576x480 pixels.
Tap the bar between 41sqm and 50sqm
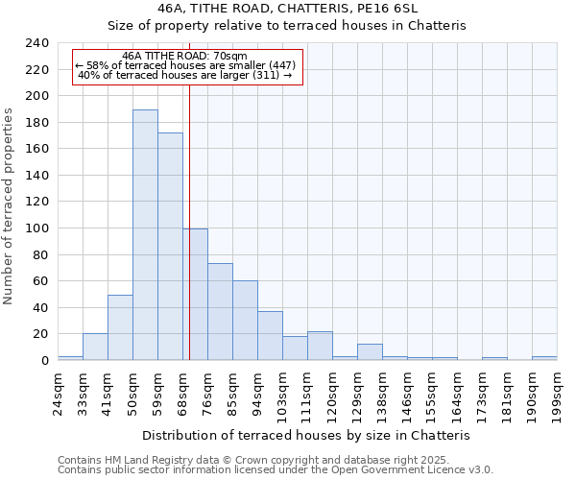tap(120, 327)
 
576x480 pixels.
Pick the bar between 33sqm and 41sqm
tap(95, 347)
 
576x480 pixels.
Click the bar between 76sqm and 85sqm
tap(220, 312)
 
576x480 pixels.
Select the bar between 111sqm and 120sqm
tap(320, 346)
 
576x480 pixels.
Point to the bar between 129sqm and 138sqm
tap(370, 351)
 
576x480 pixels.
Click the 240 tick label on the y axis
tap(36, 43)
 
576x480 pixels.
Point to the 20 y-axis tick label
tap(40, 334)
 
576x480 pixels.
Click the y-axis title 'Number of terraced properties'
tap(9, 205)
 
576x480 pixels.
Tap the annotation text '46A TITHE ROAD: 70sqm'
tap(185, 56)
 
